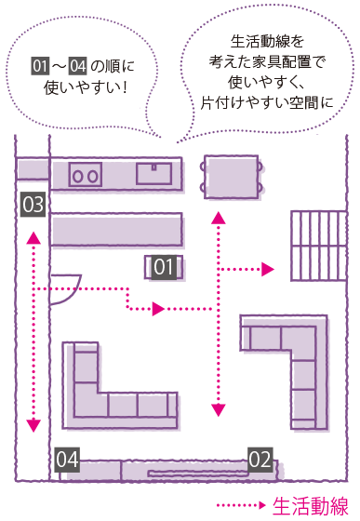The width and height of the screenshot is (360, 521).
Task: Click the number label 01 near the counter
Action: (x=164, y=268)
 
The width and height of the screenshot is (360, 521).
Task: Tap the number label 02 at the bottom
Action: (x=260, y=458)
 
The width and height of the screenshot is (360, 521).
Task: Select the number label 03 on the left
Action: (x=33, y=204)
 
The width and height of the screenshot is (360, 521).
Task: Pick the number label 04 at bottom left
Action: (x=67, y=459)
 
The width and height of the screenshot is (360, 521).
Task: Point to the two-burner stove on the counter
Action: (x=86, y=174)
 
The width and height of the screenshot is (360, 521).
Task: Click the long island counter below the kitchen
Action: (x=116, y=230)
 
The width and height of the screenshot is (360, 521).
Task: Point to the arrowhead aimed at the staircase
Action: (x=269, y=270)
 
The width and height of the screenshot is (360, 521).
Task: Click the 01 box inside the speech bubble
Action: (x=40, y=66)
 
